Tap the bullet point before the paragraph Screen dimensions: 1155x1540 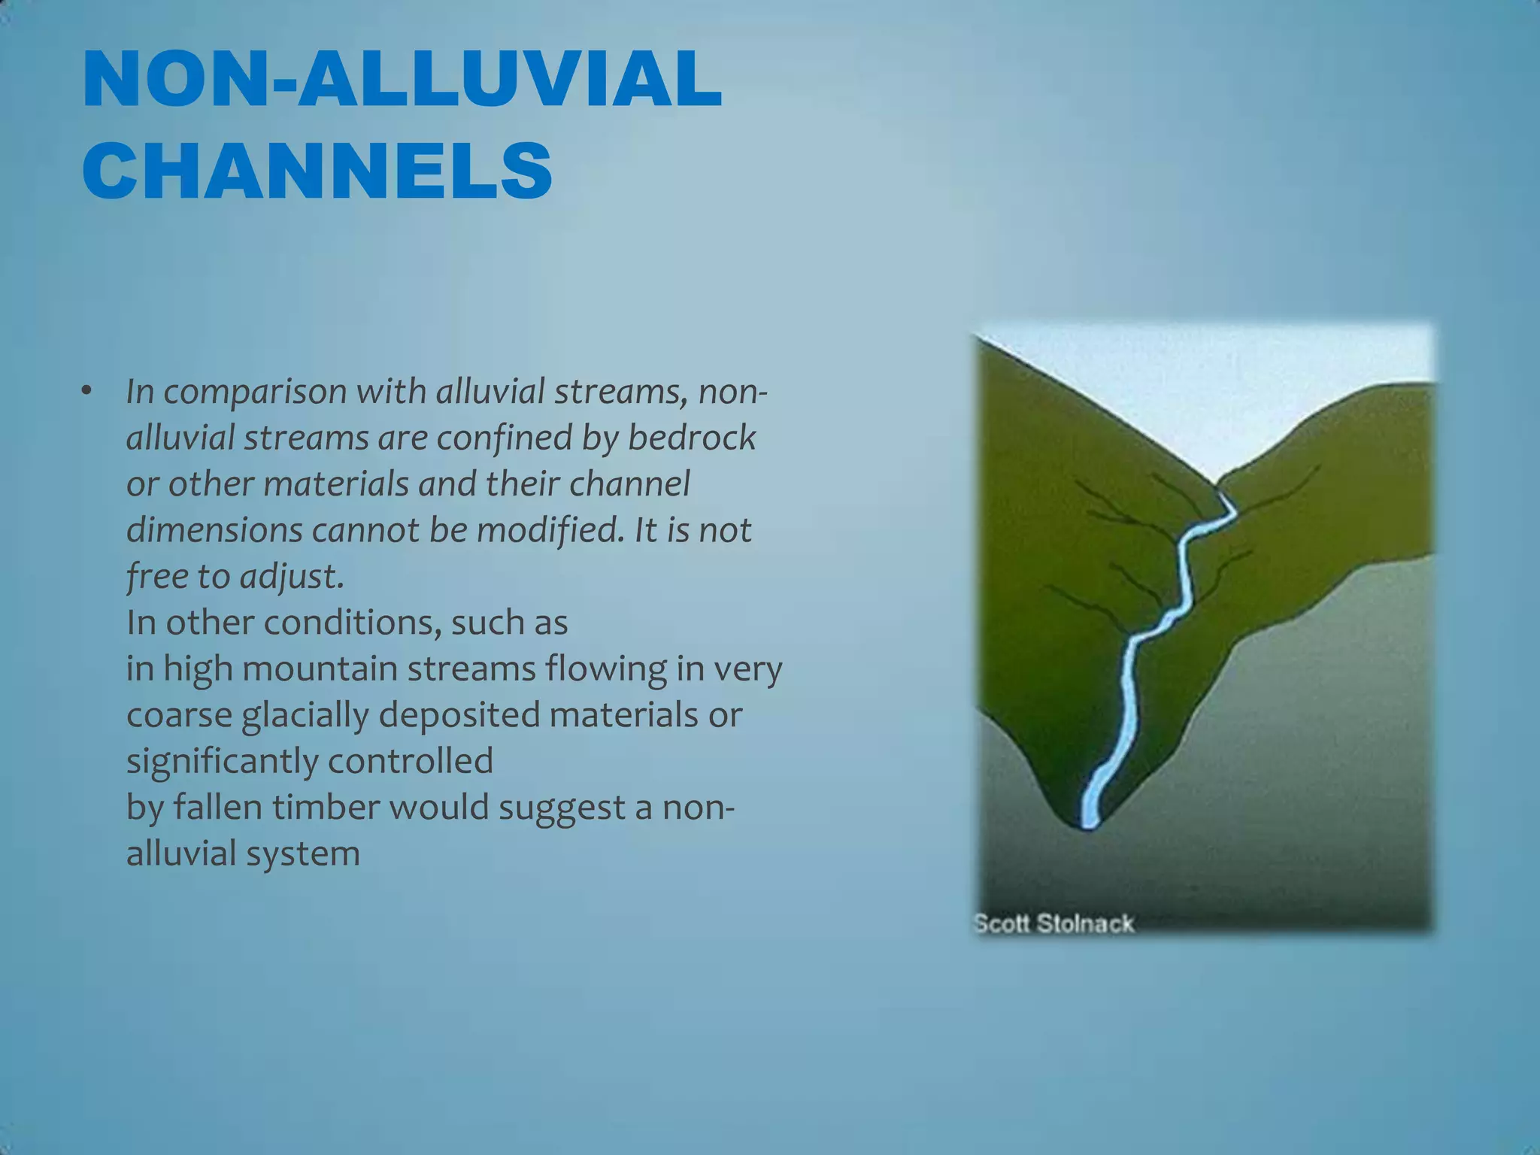[87, 391]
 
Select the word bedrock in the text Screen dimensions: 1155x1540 [691, 438]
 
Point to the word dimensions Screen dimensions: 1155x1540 [214, 530]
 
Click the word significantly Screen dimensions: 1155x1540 [222, 761]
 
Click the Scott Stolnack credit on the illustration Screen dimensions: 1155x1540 [1053, 923]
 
